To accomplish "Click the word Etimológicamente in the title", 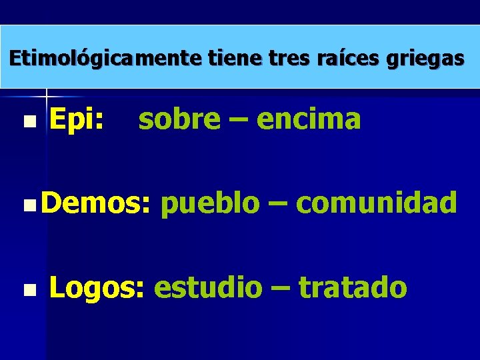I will (105, 59).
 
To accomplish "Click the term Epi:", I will (77, 120).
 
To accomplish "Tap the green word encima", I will (309, 120).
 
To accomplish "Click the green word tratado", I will (353, 288).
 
